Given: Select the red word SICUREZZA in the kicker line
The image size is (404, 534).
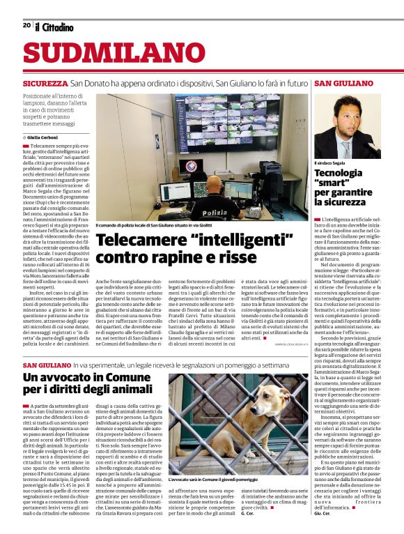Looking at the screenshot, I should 45,83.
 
